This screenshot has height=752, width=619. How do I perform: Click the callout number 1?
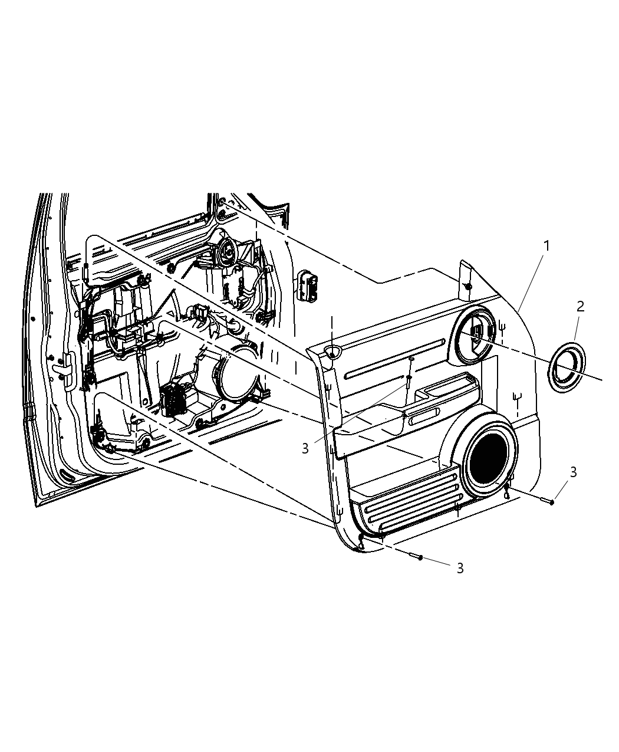pos(546,245)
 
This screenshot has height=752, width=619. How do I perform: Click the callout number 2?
pos(580,306)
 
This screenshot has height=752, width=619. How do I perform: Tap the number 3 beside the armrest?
pos(305,449)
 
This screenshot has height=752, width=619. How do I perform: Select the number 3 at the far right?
pos(572,471)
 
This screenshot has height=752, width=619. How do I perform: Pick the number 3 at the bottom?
pos(460,567)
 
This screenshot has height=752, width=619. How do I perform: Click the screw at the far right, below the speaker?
pos(546,501)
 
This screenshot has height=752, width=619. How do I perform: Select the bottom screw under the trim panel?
pos(416,557)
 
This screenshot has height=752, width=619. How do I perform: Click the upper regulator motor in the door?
pos(227,252)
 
